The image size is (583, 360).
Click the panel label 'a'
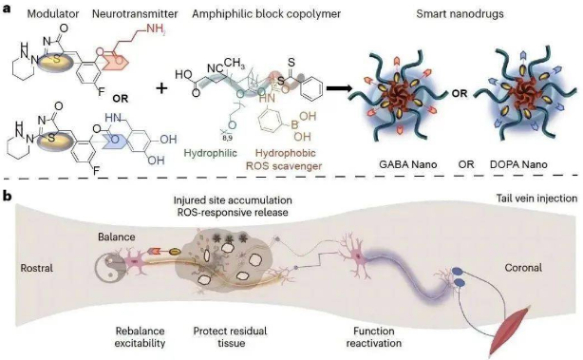[7, 9]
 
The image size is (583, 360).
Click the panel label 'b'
[8, 197]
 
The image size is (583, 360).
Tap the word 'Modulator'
[53, 14]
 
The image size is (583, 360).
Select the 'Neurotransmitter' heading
[135, 14]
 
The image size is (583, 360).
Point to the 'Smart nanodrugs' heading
[460, 14]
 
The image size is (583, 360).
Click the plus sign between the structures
[161, 88]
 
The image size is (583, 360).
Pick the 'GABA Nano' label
[408, 164]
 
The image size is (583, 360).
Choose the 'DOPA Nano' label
[518, 164]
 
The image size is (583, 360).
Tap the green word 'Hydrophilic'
[211, 153]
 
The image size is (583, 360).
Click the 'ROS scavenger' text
[284, 166]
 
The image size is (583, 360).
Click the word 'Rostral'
[37, 268]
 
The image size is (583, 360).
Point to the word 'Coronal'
[523, 268]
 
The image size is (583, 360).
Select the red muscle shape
[511, 331]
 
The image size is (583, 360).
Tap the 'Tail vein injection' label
[536, 199]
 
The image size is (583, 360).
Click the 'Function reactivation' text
[374, 336]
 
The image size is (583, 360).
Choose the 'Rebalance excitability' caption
[140, 336]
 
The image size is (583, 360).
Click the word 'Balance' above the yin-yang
[117, 237]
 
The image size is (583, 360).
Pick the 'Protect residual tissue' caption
[230, 336]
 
